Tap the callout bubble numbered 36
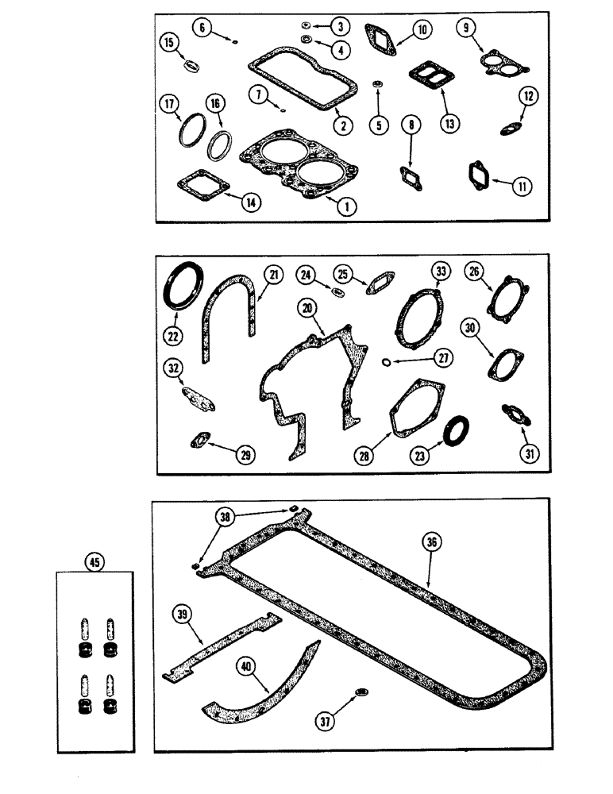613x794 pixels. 431,543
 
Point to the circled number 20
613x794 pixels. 307,307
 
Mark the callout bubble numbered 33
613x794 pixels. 441,272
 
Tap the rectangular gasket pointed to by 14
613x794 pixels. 202,185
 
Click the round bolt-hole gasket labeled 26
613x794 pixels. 505,302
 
